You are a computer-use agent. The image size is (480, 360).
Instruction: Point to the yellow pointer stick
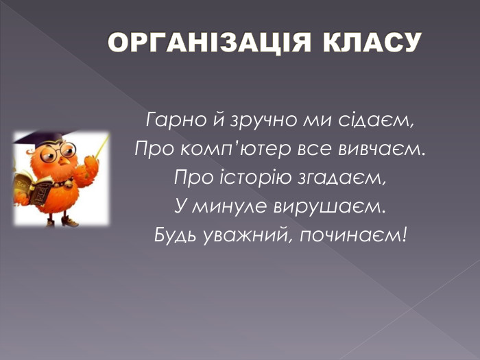point(101,146)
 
